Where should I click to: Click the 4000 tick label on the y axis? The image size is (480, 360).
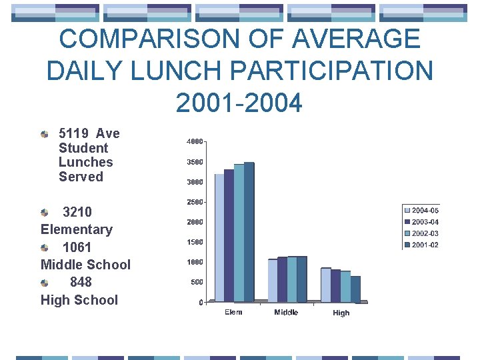[x=195, y=142]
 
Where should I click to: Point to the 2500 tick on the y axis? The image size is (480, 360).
[x=195, y=202]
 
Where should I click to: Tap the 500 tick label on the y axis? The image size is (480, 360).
[x=197, y=282]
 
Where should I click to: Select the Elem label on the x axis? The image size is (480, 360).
[x=233, y=312]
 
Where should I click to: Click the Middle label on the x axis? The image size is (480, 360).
[x=286, y=312]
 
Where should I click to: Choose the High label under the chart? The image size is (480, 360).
[x=341, y=313]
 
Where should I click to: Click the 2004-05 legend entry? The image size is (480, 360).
[x=425, y=211]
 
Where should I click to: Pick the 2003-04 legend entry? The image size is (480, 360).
[x=425, y=222]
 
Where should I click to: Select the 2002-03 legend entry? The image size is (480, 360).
[x=425, y=233]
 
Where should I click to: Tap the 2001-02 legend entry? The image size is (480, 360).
[x=425, y=245]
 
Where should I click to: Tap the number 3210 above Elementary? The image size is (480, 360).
[x=77, y=212]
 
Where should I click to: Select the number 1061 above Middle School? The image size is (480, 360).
[x=77, y=247]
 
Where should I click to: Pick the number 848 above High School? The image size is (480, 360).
[x=81, y=282]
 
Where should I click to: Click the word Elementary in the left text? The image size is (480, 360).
[x=77, y=229]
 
